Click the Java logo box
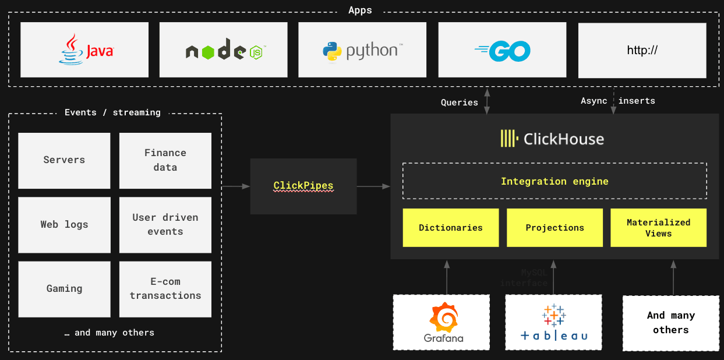[x=84, y=50]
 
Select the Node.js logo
[x=224, y=50]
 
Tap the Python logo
[x=362, y=50]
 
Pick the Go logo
[x=502, y=50]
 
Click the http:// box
[x=642, y=50]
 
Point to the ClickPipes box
[x=303, y=186]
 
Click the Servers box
[x=64, y=160]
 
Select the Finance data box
[x=165, y=160]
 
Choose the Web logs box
[x=64, y=224]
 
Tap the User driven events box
[x=165, y=224]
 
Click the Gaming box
[x=64, y=289]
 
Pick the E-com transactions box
[x=165, y=289]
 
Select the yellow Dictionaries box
[x=451, y=228]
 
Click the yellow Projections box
[x=555, y=228]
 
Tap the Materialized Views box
[x=658, y=228]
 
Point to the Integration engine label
[x=555, y=181]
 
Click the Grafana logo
[x=444, y=322]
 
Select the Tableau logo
[x=553, y=322]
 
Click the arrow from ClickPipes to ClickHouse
[x=373, y=186]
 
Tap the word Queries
[x=459, y=103]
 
